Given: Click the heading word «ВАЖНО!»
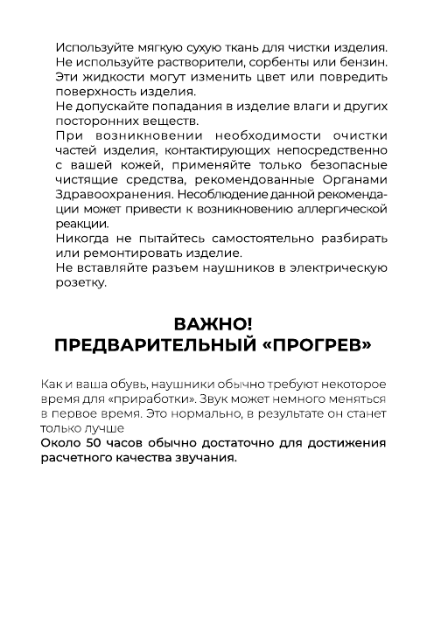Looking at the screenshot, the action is (213, 326).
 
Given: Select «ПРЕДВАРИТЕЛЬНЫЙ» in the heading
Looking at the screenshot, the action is (156, 346).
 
